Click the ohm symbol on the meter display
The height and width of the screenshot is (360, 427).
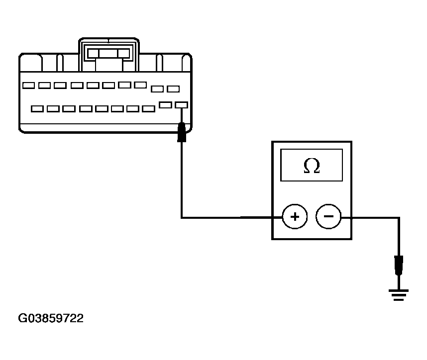pyautogui.click(x=312, y=166)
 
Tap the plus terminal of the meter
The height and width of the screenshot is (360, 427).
pyautogui.click(x=295, y=217)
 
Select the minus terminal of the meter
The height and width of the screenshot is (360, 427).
pyautogui.click(x=328, y=216)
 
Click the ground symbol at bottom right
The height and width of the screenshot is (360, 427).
pyautogui.click(x=399, y=295)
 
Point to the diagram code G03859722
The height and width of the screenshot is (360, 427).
pyautogui.click(x=51, y=318)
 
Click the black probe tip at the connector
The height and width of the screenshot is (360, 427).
pyautogui.click(x=182, y=132)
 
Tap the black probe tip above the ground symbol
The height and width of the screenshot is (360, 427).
pyautogui.click(x=399, y=266)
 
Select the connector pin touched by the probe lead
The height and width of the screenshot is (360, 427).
pyautogui.click(x=181, y=105)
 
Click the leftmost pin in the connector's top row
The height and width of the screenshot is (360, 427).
pyautogui.click(x=28, y=86)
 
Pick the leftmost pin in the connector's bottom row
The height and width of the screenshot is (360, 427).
pyautogui.click(x=37, y=109)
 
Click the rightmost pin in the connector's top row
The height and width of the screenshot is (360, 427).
pyautogui.click(x=173, y=89)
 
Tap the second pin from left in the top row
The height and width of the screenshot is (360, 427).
pyautogui.click(x=44, y=86)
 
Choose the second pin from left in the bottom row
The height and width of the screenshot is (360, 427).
pyautogui.click(x=53, y=109)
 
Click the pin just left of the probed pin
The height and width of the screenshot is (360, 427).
pyautogui.click(x=166, y=105)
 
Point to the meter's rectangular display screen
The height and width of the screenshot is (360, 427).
pyautogui.click(x=312, y=165)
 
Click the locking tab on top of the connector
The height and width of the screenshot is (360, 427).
pyautogui.click(x=108, y=54)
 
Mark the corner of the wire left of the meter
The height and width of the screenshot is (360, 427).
pyautogui.click(x=182, y=218)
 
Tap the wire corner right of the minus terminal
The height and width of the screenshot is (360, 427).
pyautogui.click(x=399, y=218)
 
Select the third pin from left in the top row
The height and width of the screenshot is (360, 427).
pyautogui.click(x=60, y=86)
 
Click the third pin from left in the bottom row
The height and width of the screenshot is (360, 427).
pyautogui.click(x=69, y=109)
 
